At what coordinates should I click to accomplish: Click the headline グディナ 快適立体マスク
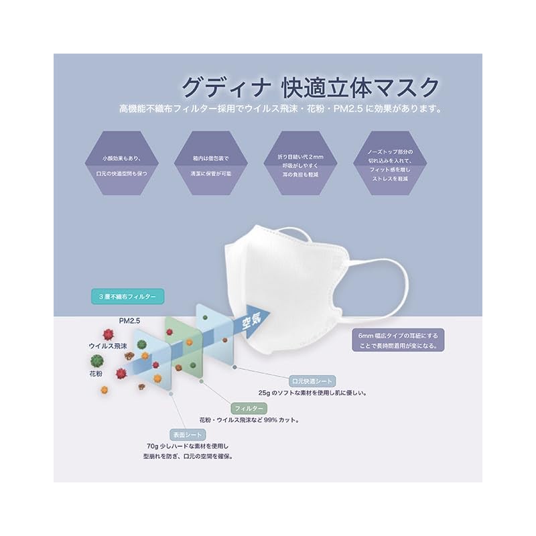(x=310, y=87)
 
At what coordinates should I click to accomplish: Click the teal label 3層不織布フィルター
(x=125, y=295)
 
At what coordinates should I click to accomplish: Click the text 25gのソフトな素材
(x=312, y=393)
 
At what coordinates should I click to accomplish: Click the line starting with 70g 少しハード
(x=187, y=446)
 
